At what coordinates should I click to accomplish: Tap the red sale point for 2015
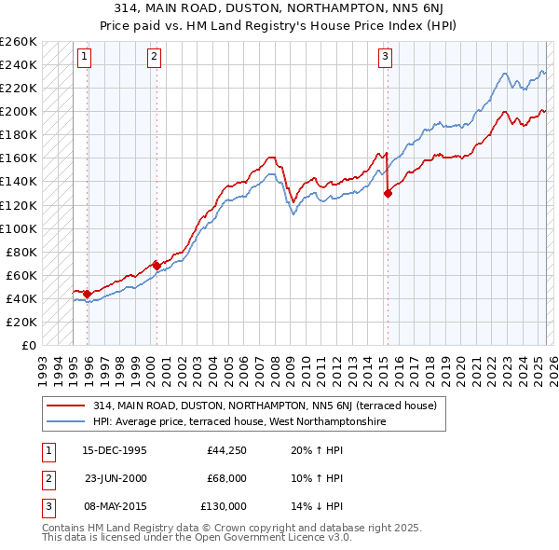pyautogui.click(x=388, y=193)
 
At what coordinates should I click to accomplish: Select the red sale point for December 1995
pyautogui.click(x=88, y=294)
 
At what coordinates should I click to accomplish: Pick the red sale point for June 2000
pyautogui.click(x=157, y=266)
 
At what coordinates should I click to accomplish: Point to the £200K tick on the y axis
pyautogui.click(x=19, y=112)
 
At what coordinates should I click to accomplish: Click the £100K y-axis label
pyautogui.click(x=19, y=228)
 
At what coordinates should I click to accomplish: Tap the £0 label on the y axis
pyautogui.click(x=28, y=345)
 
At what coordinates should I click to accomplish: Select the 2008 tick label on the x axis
pyautogui.click(x=275, y=365)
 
